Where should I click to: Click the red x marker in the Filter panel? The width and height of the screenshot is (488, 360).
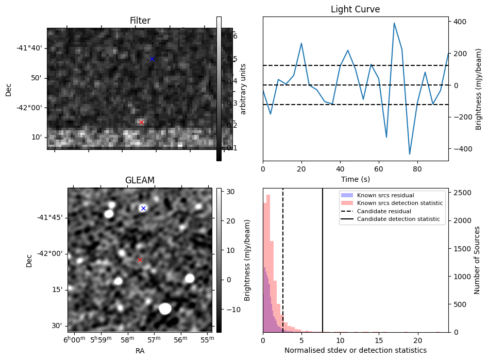pos(142,122)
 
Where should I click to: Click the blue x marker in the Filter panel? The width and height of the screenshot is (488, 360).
pos(152,59)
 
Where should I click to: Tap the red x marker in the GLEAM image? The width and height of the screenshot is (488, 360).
pos(140,260)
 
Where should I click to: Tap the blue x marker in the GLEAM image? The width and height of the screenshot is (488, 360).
pos(143,208)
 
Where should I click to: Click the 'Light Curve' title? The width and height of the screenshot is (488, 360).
pos(355,9)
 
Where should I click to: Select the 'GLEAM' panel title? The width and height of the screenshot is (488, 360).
pos(140,180)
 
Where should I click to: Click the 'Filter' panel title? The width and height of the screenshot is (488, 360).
pos(140,21)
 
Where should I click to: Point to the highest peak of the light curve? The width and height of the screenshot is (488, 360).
pos(394,23)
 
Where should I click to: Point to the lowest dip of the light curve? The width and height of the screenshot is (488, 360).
pos(410,154)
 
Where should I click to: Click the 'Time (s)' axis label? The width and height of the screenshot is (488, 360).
pos(355,179)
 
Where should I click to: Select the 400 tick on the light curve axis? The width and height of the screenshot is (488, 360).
pos(459,22)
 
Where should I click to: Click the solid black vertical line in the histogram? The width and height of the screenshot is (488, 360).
pos(323,260)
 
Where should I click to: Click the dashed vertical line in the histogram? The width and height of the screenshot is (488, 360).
pos(283,260)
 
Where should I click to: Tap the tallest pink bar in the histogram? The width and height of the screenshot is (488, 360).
pos(268,263)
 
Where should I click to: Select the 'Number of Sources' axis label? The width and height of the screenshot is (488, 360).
pos(478,260)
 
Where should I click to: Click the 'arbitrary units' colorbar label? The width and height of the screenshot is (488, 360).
pos(244,89)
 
